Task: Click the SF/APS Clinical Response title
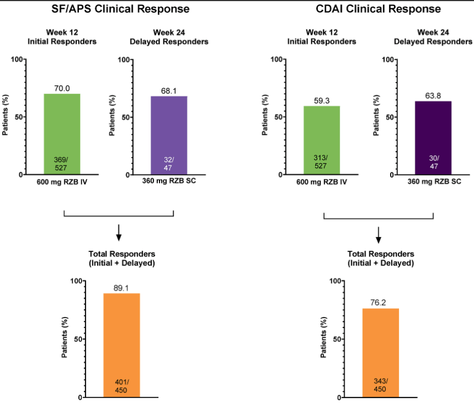click(x=119, y=9)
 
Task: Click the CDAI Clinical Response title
click(x=378, y=9)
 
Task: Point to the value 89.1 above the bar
click(x=121, y=288)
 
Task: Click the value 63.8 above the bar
click(x=433, y=96)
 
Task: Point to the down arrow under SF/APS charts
click(x=119, y=232)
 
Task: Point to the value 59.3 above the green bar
click(x=322, y=101)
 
